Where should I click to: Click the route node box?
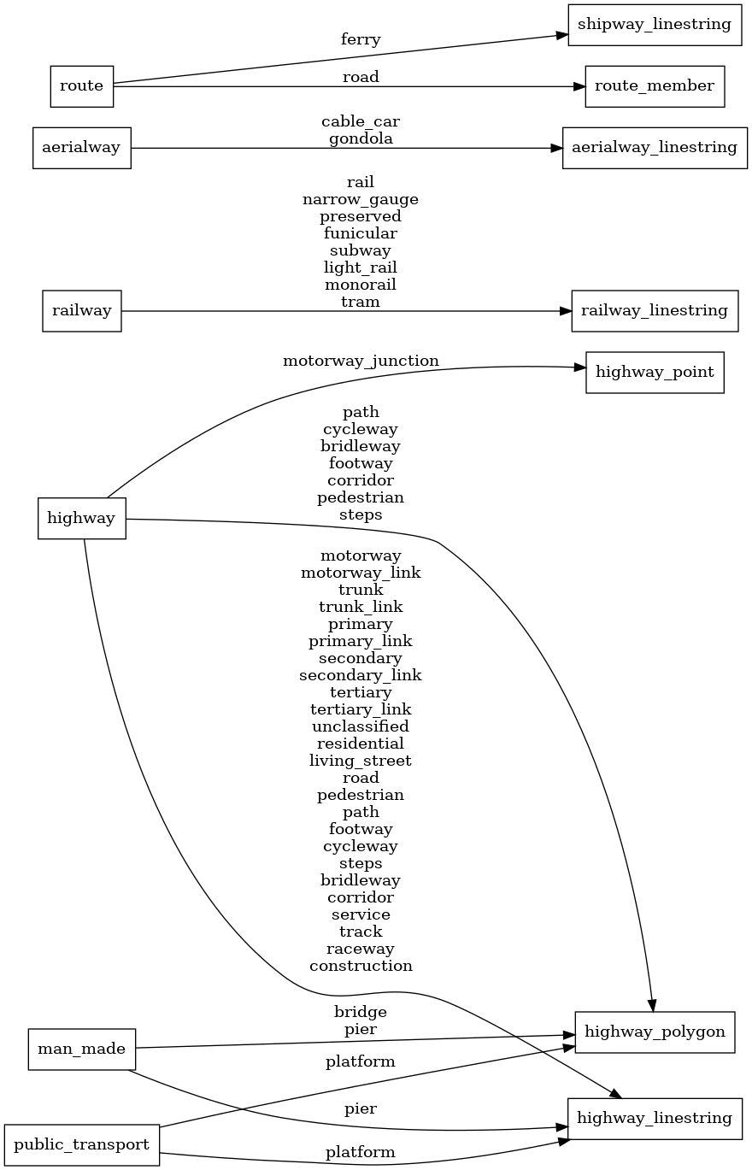click(x=82, y=85)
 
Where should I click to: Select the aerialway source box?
click(x=81, y=148)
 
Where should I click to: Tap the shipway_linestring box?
click(x=655, y=23)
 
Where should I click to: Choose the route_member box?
click(x=655, y=85)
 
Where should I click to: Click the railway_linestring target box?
click(x=655, y=311)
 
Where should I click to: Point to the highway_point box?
click(x=655, y=373)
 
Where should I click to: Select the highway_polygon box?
click(x=655, y=1032)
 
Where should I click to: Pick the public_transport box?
click(x=82, y=1144)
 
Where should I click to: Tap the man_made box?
click(x=82, y=1049)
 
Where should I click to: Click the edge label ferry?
click(x=361, y=39)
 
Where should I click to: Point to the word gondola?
click(x=361, y=138)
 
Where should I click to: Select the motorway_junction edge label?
click(x=361, y=361)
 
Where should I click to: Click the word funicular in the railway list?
click(x=361, y=233)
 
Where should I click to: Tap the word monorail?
click(x=361, y=285)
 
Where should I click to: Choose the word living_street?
click(x=361, y=761)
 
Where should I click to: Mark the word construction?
click(x=361, y=966)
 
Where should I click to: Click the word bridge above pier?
click(x=361, y=1012)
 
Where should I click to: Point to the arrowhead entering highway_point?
click(x=579, y=367)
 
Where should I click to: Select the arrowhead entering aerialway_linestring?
click(x=556, y=148)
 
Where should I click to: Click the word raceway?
click(x=361, y=949)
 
